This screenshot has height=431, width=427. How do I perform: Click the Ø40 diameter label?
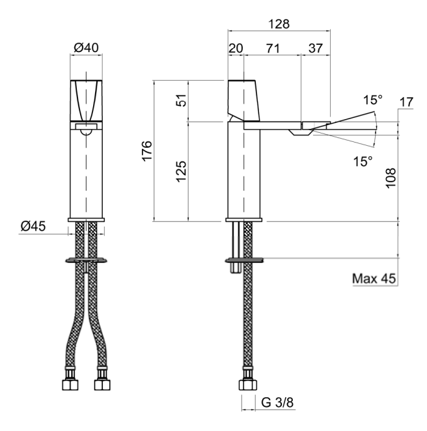pyautogui.click(x=86, y=48)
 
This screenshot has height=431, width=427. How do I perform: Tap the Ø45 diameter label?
pyautogui.click(x=33, y=226)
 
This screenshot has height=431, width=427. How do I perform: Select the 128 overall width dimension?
pyautogui.click(x=279, y=24)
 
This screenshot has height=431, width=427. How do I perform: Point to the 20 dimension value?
pyautogui.click(x=236, y=48)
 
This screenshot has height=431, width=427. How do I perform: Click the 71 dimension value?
pyautogui.click(x=273, y=48)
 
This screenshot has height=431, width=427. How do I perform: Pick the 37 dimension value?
pyautogui.click(x=316, y=48)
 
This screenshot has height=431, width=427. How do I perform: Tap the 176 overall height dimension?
pyautogui.click(x=147, y=151)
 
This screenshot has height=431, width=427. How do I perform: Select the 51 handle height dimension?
pyautogui.click(x=182, y=100)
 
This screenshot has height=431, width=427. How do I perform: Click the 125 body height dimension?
pyautogui.click(x=182, y=171)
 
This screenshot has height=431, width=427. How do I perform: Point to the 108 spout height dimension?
pyautogui.click(x=391, y=178)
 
